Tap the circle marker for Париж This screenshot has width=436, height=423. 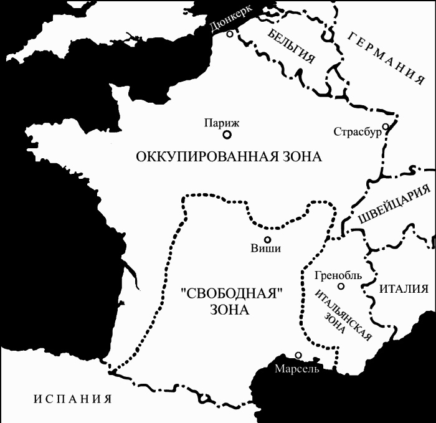tap(227, 134)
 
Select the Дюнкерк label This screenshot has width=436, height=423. tap(232, 19)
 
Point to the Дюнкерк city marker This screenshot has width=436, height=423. tap(230, 34)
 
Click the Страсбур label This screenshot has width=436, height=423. tap(356, 132)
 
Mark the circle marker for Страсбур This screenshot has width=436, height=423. tap(386, 127)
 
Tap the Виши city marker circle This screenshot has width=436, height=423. tap(267, 239)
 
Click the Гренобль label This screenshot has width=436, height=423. tap(338, 275)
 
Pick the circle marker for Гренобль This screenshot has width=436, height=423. tap(341, 287)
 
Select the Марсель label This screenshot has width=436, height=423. tap(297, 368)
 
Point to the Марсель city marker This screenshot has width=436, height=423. tap(298, 355)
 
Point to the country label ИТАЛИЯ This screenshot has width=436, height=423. tap(404, 288)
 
